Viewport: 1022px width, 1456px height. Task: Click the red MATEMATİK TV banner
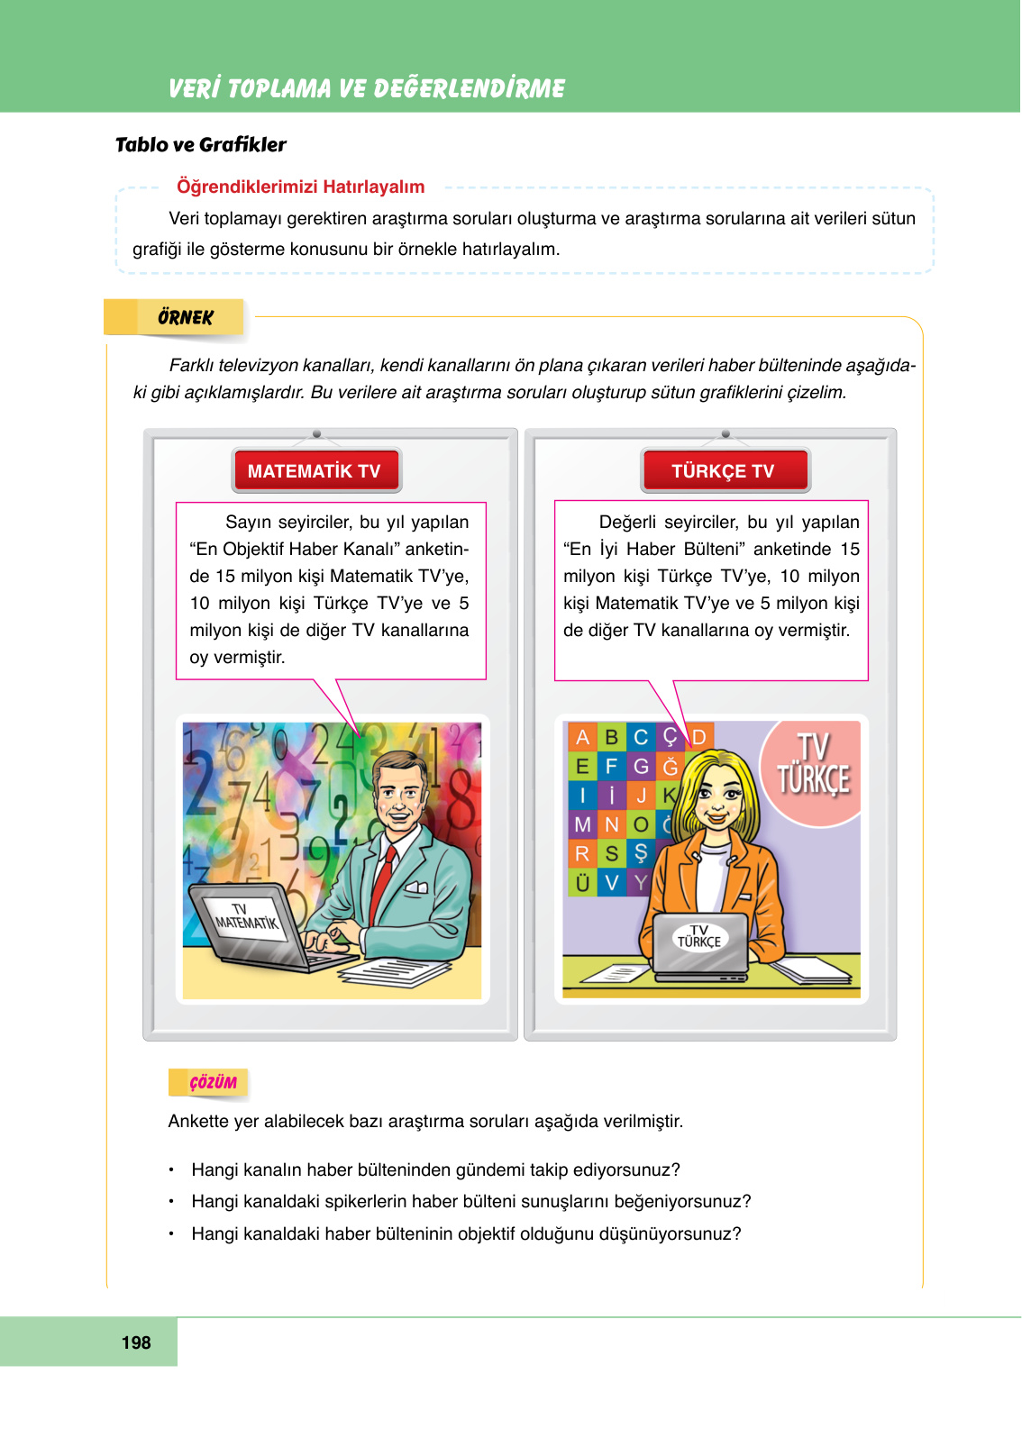(x=315, y=470)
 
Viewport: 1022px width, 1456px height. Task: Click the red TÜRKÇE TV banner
(x=725, y=470)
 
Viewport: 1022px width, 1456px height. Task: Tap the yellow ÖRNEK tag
(x=185, y=317)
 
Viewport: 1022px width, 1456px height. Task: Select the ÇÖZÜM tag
(x=213, y=1082)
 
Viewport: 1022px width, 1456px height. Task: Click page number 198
(x=136, y=1342)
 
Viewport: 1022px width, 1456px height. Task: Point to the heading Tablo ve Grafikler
(x=201, y=145)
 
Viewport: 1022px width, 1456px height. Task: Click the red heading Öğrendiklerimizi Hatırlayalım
(x=300, y=187)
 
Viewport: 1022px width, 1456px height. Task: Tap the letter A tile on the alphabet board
(x=582, y=737)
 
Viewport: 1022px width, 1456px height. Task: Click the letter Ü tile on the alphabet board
(x=582, y=883)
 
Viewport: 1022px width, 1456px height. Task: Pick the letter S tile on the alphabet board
(x=612, y=853)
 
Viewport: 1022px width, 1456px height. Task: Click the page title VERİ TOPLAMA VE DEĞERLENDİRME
(x=367, y=88)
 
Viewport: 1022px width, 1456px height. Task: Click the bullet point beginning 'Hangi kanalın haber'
(x=435, y=1169)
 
